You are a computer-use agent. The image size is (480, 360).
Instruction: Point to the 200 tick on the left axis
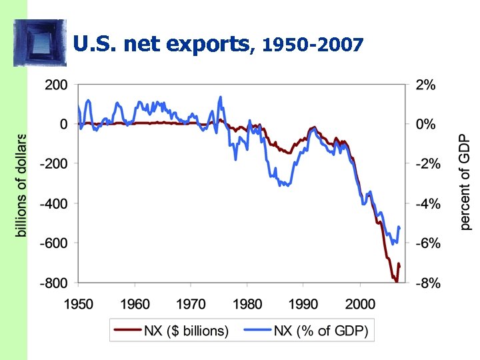point(56,85)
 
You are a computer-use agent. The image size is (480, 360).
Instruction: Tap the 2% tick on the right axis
point(427,85)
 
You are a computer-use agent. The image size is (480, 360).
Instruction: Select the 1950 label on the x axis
point(79,304)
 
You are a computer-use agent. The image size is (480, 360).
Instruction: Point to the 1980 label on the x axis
point(247,304)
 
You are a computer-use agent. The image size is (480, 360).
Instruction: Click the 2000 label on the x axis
point(360,304)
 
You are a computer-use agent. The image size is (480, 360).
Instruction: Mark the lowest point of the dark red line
point(396,281)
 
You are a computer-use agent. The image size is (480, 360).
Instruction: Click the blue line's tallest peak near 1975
point(220,97)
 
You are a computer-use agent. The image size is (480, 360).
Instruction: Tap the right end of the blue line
point(399,227)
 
